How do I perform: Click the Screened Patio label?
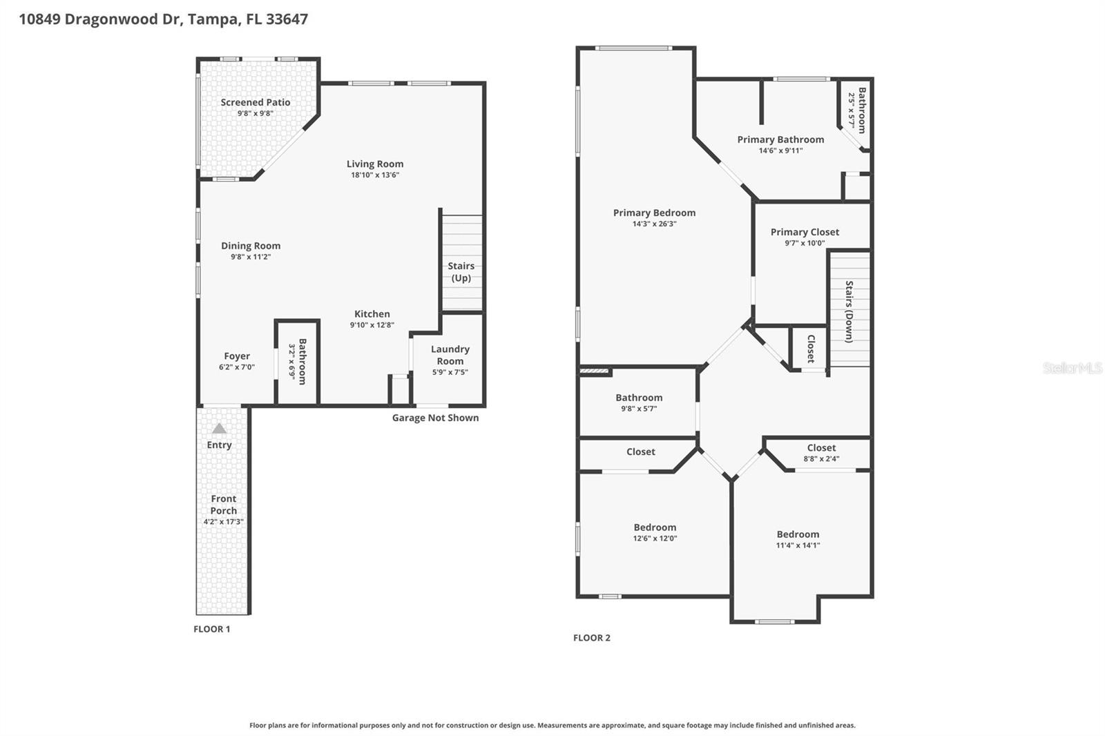coord(255,102)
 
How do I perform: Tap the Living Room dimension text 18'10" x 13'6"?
coord(375,175)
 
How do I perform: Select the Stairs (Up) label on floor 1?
coord(461,272)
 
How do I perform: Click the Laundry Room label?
coord(450,355)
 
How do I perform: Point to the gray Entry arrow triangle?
coord(219,429)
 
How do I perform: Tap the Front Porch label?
coord(223,505)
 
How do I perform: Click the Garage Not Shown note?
coord(435,418)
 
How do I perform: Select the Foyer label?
coord(237,356)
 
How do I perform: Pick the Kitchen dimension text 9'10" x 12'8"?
coord(372,325)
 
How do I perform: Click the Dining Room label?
coord(251,246)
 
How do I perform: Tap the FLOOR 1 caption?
coord(212,629)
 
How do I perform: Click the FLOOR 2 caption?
coord(592,638)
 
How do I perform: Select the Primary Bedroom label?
coord(654,213)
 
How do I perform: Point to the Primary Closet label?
coord(805,232)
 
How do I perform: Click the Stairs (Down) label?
coord(849,311)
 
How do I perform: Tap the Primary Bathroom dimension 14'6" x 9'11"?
coord(780,151)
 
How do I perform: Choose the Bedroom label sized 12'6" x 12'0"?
coord(655,527)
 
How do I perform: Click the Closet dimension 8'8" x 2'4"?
coord(821,459)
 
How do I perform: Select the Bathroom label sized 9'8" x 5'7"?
coord(639,398)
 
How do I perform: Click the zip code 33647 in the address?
coord(287,19)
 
